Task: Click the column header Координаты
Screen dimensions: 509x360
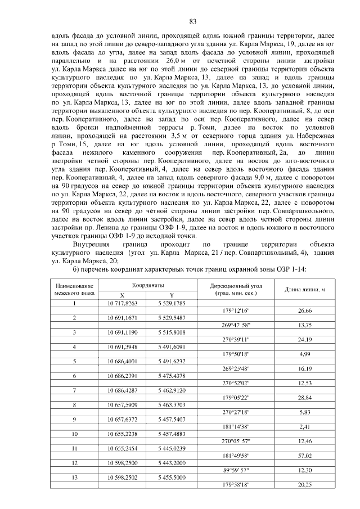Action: (148, 286)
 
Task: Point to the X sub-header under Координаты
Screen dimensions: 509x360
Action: (123, 295)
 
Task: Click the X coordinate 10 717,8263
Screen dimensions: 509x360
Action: (123, 303)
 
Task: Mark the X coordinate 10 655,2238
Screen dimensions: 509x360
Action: (123, 434)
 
